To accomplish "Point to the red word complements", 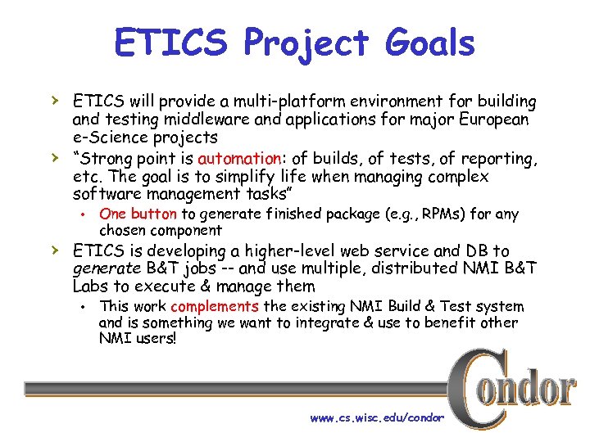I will [x=215, y=306].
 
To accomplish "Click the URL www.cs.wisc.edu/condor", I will [x=377, y=417].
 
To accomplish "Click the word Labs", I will [x=90, y=286].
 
